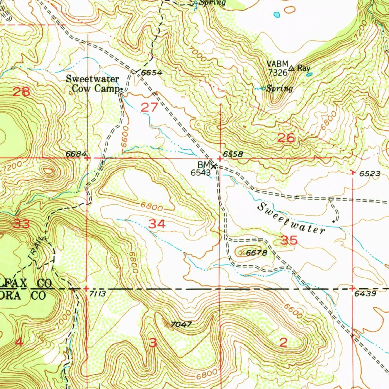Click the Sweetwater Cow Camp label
coord(93,84)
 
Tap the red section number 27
coord(149,108)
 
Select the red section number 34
coord(157,224)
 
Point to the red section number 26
coord(286,138)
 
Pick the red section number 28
coord(22,92)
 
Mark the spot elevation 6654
coord(152,73)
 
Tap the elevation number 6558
coord(233,154)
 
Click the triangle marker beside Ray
coord(291,68)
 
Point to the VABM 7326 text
coord(277,68)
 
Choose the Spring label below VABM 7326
coord(280,89)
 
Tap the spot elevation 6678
coord(257,253)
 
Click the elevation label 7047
coord(181,324)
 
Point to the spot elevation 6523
coord(370,174)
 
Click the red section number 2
coord(283,343)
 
